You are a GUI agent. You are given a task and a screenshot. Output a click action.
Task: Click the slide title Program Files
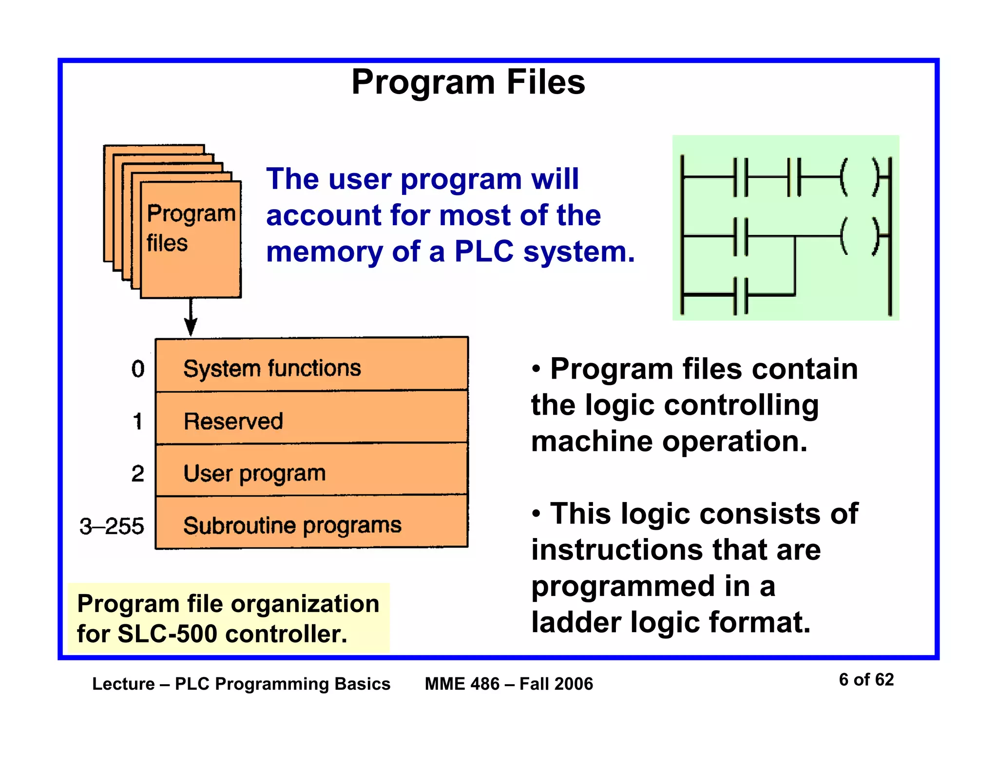[x=468, y=82]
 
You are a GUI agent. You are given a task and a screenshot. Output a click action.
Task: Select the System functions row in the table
[x=312, y=367]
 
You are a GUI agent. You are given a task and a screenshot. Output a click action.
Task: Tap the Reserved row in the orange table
[x=312, y=420]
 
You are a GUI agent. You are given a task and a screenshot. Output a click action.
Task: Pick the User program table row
[x=312, y=473]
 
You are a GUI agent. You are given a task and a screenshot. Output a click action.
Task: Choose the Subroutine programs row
[x=312, y=525]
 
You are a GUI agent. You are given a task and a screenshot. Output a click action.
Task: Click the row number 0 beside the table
[x=138, y=369]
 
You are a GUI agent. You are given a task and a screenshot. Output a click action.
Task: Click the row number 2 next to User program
[x=138, y=474]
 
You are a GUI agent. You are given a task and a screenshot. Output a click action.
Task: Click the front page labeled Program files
[x=191, y=239]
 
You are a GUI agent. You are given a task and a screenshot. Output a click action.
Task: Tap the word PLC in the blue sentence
[x=483, y=252]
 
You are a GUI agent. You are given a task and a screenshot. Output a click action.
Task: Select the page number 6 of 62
[x=866, y=679]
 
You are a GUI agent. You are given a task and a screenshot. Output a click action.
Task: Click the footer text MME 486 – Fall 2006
[x=509, y=684]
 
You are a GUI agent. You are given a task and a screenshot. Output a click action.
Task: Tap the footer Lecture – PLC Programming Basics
[x=241, y=684]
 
